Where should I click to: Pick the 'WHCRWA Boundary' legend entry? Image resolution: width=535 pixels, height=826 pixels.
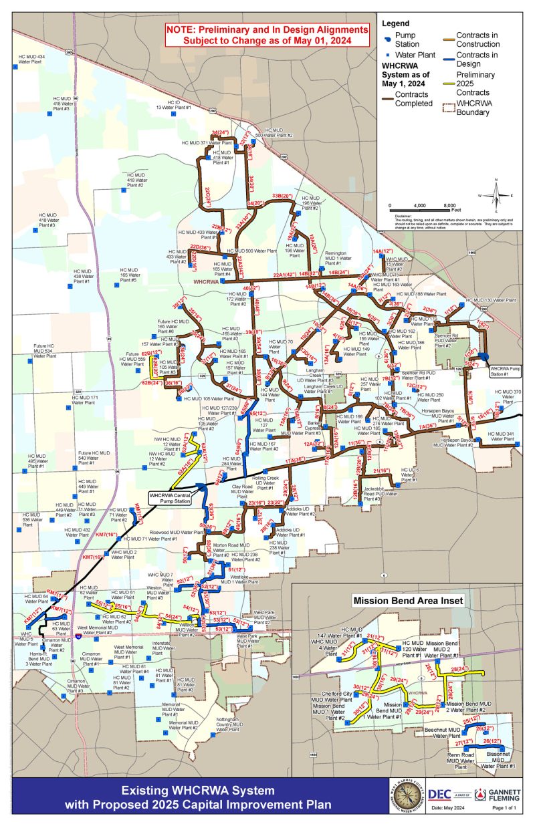(477, 108)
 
